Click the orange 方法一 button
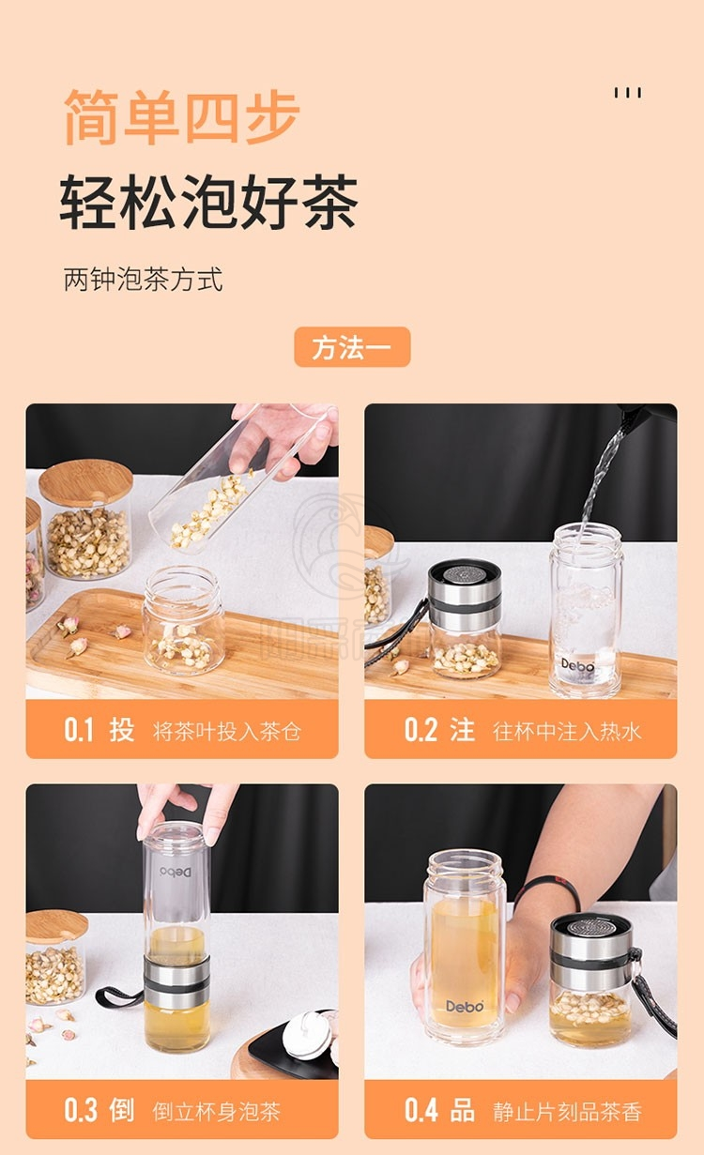352,347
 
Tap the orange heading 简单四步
181,117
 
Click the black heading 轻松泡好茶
209,202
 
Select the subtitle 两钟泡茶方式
143,280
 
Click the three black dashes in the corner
628,93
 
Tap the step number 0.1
79,730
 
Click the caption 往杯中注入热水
567,731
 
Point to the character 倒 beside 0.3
122,1111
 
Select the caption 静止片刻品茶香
567,1112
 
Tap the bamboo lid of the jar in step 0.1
85,482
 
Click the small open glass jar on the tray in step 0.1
184,619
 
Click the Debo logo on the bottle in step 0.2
577,664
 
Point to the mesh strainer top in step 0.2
465,573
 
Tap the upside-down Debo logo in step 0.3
176,872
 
